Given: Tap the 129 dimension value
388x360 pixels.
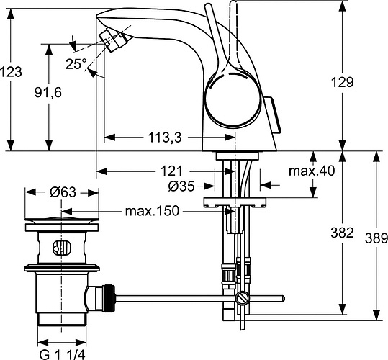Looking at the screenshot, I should tap(343, 83).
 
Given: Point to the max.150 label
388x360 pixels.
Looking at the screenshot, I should tap(153, 211).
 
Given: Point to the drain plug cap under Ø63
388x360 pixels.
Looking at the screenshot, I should tap(61, 219).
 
